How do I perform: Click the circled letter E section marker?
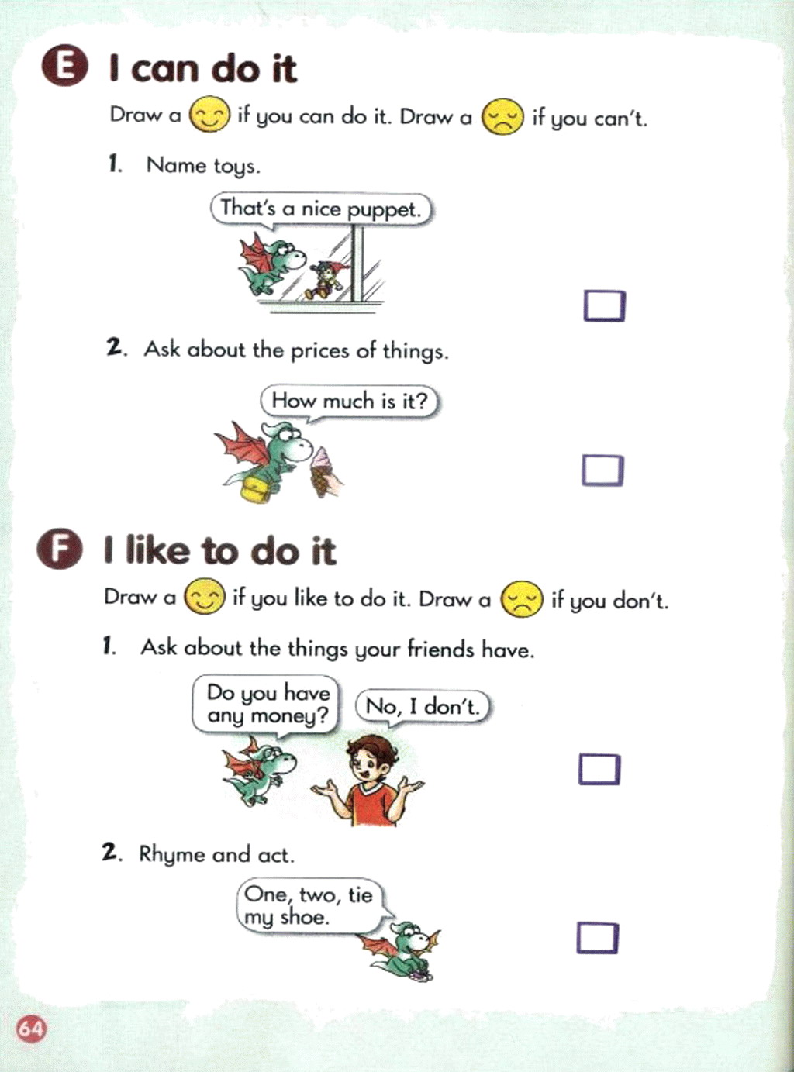(64, 69)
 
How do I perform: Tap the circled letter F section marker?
(58, 551)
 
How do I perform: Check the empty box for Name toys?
(605, 306)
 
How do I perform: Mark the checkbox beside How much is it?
(602, 470)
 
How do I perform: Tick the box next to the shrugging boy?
(599, 769)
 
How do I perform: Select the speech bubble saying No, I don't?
(423, 707)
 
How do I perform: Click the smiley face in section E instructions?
(209, 116)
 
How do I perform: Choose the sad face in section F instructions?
(521, 599)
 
